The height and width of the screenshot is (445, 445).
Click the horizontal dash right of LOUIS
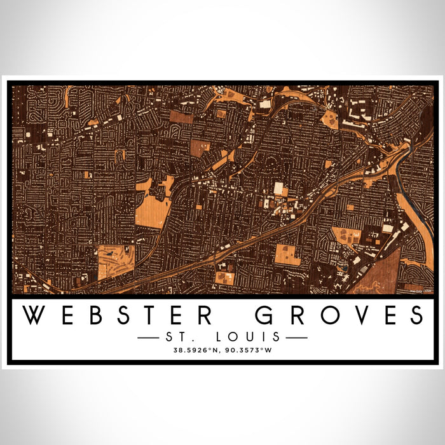295,337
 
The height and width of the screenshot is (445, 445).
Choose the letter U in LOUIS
257,336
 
